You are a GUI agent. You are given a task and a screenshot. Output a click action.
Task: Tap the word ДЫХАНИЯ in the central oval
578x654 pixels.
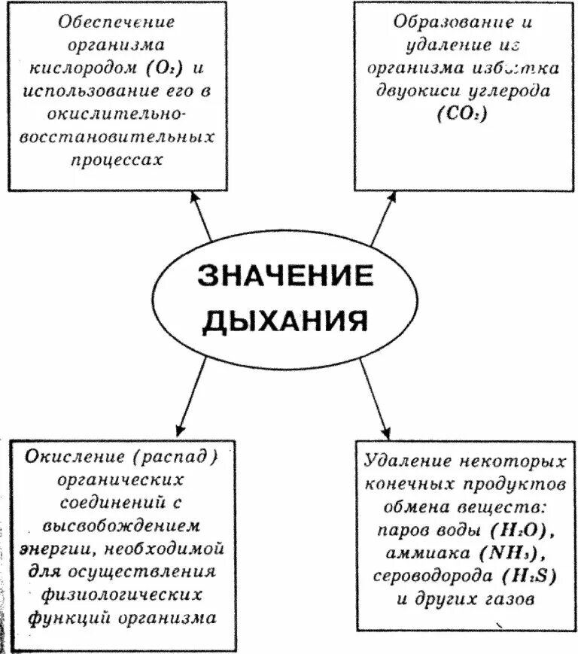(x=286, y=321)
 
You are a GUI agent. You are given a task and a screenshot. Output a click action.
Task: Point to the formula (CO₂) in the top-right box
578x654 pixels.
(x=461, y=115)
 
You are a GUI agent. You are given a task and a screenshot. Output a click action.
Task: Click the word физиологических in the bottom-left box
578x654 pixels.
(x=115, y=594)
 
